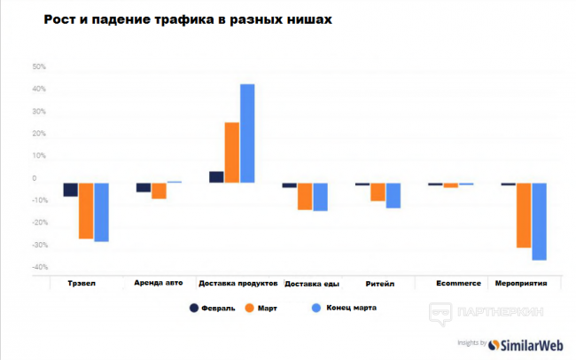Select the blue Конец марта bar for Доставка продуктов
[247, 133]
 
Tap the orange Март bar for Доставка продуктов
[232, 152]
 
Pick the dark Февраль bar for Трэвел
[71, 190]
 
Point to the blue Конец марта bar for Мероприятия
[539, 221]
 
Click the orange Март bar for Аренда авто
[159, 191]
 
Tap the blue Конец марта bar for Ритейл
[393, 195]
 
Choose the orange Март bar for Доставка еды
[305, 196]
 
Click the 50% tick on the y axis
[39, 67]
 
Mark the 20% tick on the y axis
[39, 133]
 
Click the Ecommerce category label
[458, 284]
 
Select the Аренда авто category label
[159, 284]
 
